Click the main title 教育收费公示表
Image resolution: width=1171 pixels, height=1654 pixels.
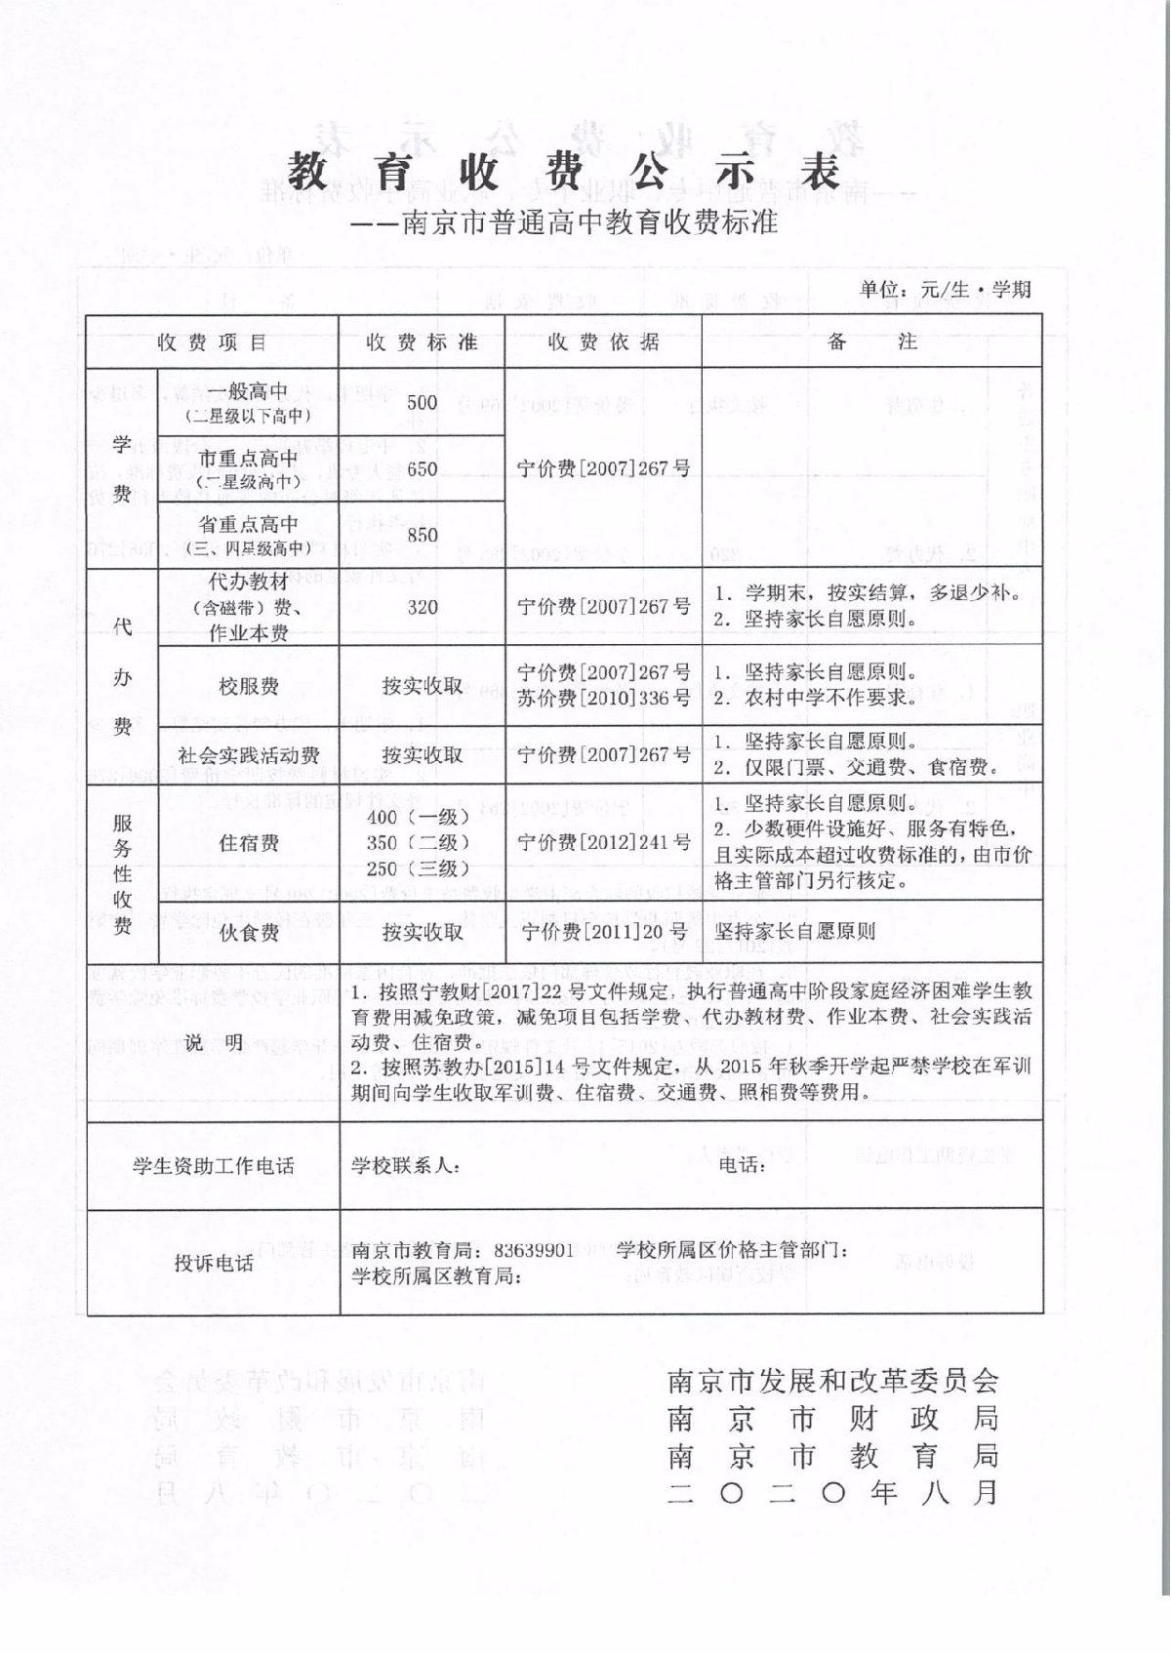pos(564,173)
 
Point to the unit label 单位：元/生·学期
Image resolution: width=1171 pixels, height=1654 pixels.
pos(945,289)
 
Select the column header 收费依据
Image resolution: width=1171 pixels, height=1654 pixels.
pos(603,343)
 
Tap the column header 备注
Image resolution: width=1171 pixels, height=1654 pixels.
pos(871,343)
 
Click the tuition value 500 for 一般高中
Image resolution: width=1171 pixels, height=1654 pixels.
pos(423,402)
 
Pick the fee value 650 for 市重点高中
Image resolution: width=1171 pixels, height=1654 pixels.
pos(423,468)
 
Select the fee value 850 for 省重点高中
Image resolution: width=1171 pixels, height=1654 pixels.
pos(423,535)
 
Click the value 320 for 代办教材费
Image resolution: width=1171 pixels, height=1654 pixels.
pos(423,607)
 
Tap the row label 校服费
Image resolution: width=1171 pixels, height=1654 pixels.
pos(249,686)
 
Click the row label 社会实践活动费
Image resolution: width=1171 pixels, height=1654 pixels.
pos(249,754)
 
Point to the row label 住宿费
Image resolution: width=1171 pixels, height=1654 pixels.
pos(249,842)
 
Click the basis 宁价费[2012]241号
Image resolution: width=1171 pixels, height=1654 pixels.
pos(603,842)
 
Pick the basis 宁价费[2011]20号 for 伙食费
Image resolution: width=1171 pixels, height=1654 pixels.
pos(603,932)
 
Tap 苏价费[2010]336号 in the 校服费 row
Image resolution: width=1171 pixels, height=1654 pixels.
pos(603,698)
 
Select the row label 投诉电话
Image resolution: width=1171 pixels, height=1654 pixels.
pos(214,1263)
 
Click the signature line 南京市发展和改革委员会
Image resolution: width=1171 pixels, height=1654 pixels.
pos(832,1381)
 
